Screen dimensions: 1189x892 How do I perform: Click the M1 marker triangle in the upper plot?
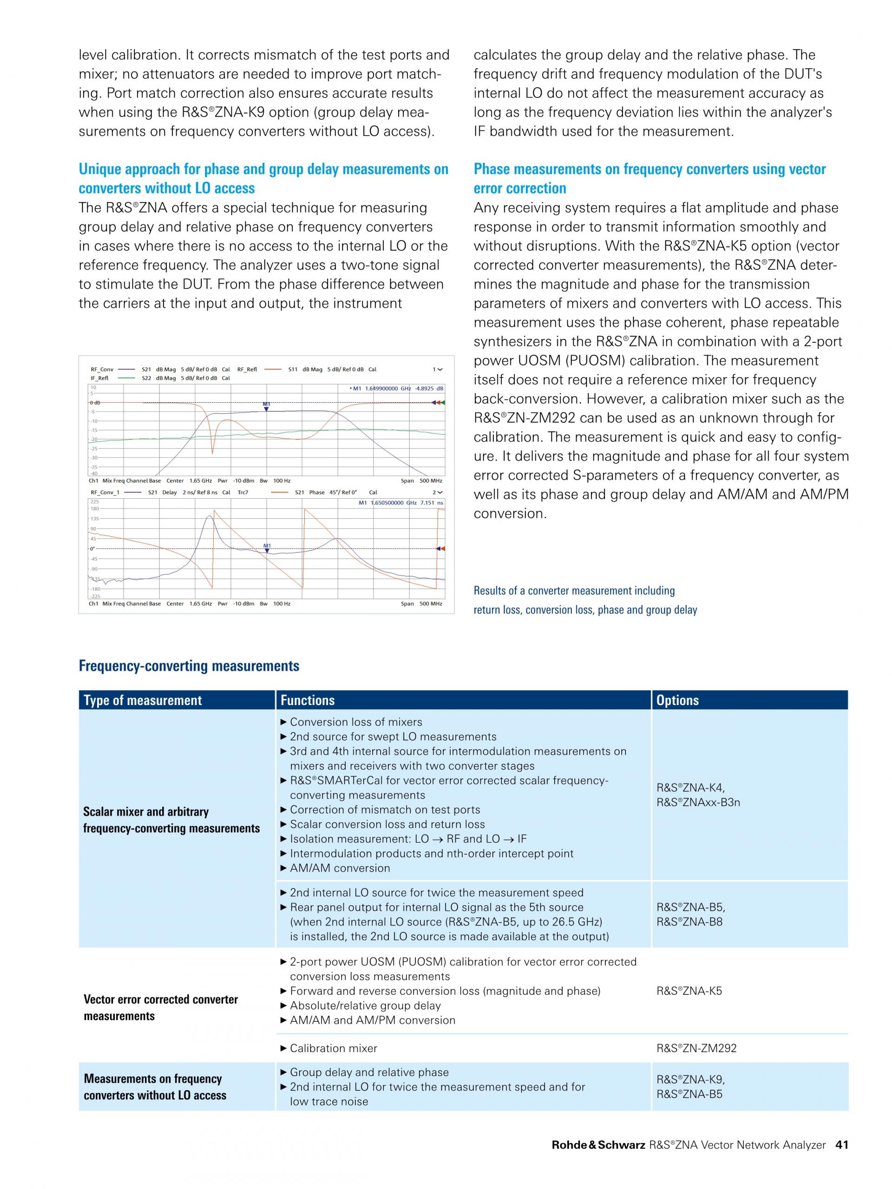point(266,410)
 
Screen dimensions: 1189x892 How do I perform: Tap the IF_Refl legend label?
point(99,378)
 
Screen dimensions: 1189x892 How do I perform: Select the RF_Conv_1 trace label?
point(105,492)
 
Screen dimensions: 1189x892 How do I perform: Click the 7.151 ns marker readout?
point(432,503)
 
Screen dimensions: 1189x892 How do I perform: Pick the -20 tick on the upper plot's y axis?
point(93,439)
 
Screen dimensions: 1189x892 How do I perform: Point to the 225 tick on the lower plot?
point(94,502)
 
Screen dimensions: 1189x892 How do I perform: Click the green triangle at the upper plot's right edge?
point(443,402)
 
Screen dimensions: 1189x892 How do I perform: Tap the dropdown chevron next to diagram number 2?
point(440,492)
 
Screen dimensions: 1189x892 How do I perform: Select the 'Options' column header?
point(677,700)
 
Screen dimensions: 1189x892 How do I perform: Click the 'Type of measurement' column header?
point(143,700)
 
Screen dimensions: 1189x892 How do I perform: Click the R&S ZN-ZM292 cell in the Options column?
point(696,1048)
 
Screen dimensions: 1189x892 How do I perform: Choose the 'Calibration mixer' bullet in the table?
point(334,1048)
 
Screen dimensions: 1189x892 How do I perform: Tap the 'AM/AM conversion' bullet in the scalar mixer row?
point(340,868)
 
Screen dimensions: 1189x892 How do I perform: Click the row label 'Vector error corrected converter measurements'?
point(160,1007)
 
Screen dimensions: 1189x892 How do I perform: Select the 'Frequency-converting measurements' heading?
point(189,666)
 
